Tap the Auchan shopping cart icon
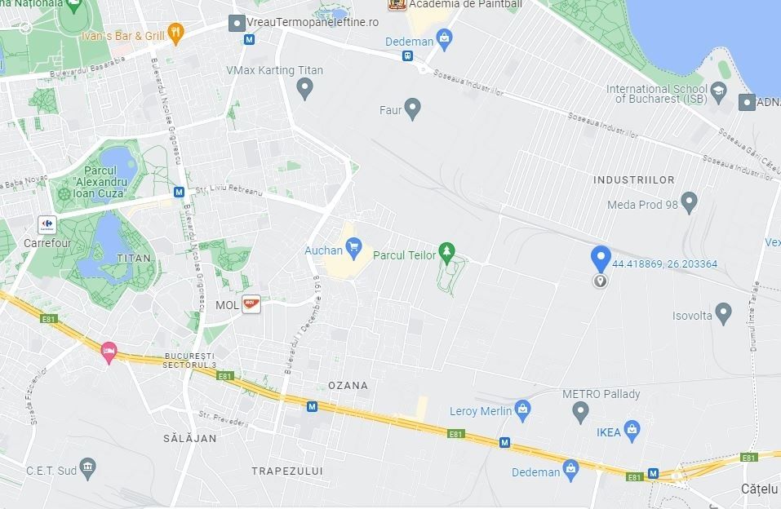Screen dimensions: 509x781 [353, 246]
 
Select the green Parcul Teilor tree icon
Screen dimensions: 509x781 [446, 250]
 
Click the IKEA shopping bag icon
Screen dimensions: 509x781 [631, 428]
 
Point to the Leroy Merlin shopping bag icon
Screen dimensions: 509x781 [522, 408]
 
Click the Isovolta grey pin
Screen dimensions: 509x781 [722, 312]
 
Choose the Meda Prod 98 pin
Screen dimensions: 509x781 [689, 201]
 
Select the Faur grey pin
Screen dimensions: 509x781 [412, 107]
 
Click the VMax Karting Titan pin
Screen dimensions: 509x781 [305, 86]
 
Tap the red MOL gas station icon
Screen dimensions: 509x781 [251, 304]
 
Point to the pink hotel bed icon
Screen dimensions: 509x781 [109, 352]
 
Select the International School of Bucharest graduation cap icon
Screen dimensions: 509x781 [718, 91]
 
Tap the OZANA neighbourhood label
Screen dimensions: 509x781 [348, 385]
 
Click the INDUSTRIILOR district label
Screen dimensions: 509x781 [634, 179]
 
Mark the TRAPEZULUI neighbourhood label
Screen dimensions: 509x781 [287, 471]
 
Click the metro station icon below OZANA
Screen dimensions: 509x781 [312, 405]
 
